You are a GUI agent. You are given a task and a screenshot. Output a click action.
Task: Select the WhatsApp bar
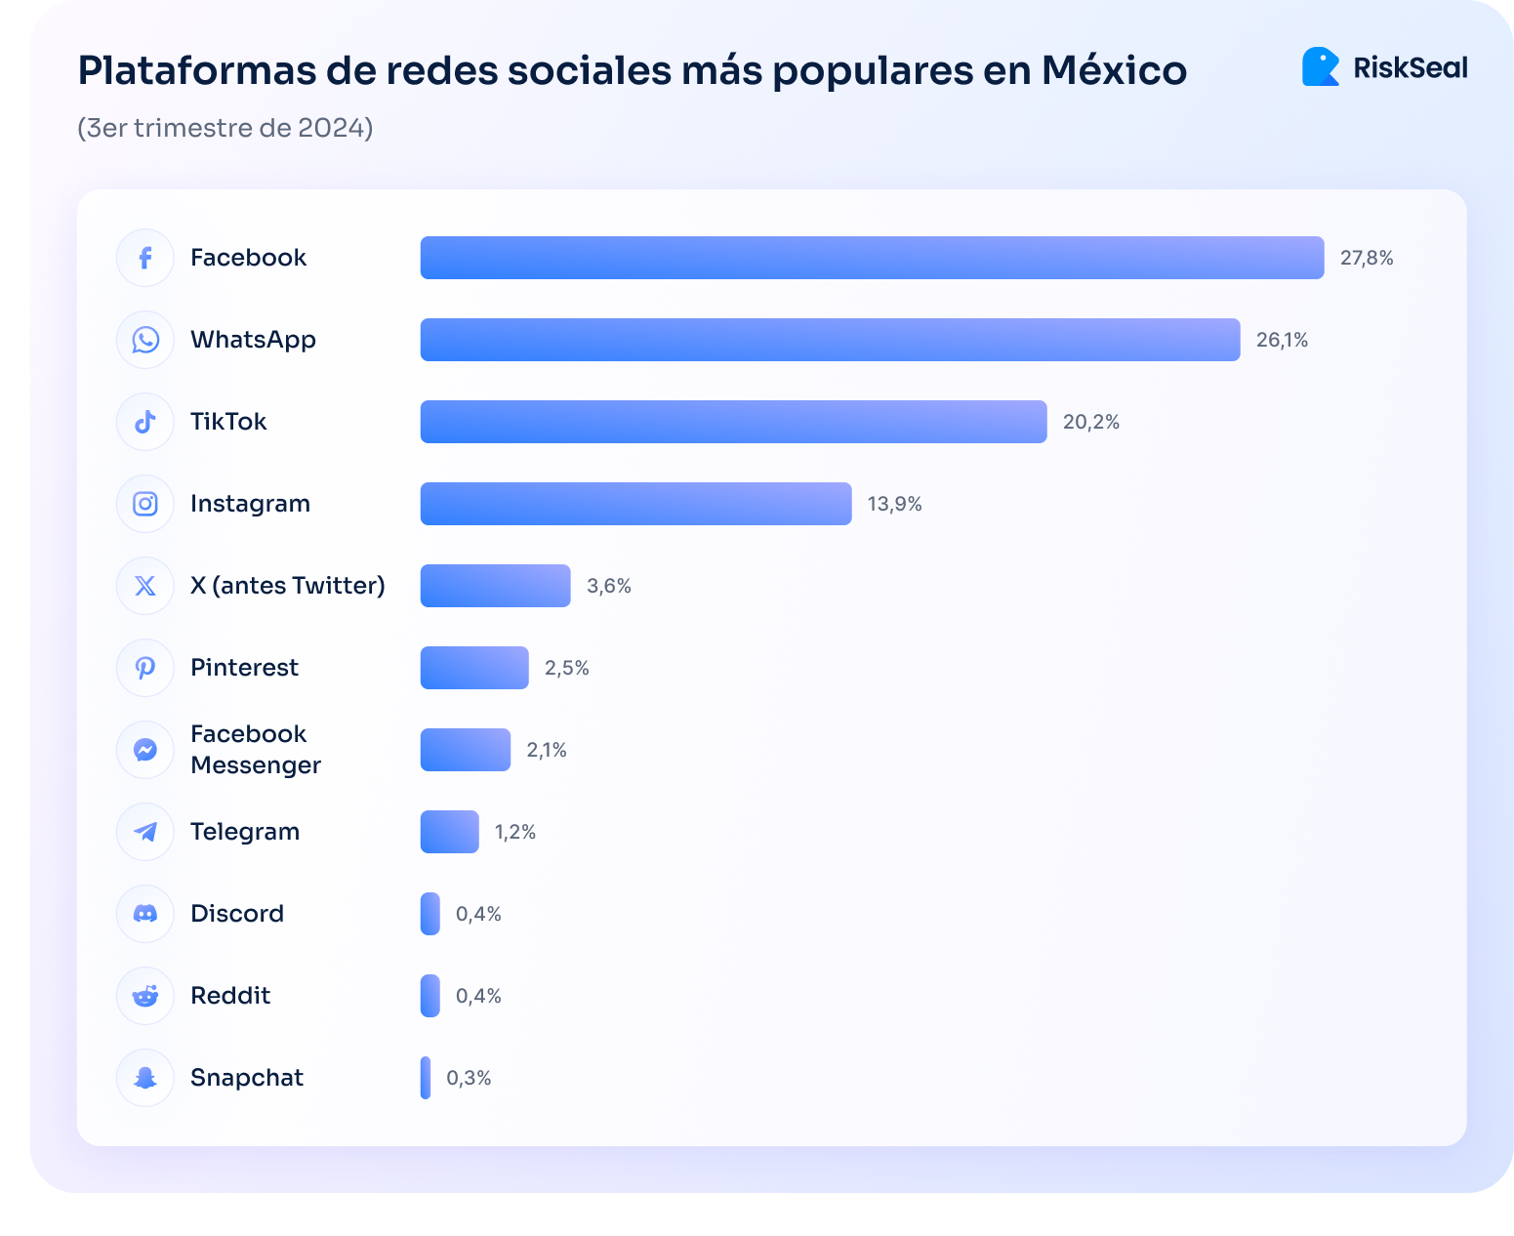(830, 340)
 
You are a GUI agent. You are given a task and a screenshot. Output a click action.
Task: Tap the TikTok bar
(733, 422)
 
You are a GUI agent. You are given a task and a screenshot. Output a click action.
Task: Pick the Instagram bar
(635, 504)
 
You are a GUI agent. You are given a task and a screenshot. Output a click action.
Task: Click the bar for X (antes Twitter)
(495, 586)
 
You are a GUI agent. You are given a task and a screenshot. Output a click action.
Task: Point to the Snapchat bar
(426, 1078)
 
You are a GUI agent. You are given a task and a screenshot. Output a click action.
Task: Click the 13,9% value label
(894, 504)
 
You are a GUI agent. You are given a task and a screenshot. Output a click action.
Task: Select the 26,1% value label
(1282, 340)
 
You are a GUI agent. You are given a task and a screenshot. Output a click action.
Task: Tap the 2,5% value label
(566, 668)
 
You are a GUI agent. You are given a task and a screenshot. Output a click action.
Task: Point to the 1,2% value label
(514, 832)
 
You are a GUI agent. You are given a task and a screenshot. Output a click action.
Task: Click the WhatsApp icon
(145, 340)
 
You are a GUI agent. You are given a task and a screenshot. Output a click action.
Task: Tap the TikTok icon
(145, 422)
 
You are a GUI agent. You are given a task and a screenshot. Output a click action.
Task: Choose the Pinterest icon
(145, 668)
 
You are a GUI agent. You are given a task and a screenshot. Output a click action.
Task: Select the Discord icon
(145, 914)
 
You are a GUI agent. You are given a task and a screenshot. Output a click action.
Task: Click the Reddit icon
(145, 996)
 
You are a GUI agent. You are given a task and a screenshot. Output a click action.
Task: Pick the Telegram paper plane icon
(145, 832)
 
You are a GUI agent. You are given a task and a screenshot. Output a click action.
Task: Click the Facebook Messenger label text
(255, 750)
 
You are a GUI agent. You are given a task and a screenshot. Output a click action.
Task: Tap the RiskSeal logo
(1384, 67)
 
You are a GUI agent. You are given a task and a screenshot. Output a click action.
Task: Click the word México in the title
(1114, 70)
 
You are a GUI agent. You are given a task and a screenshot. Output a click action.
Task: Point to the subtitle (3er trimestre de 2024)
(225, 128)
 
